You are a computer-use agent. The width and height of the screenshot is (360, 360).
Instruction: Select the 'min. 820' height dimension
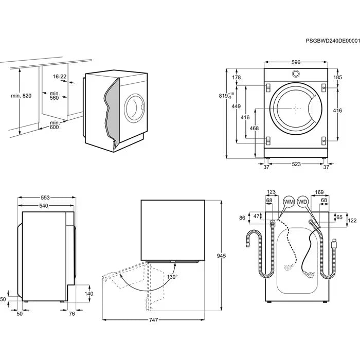click(21, 96)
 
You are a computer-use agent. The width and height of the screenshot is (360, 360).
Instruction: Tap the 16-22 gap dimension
click(60, 77)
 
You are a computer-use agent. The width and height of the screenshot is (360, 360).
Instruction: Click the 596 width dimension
click(296, 62)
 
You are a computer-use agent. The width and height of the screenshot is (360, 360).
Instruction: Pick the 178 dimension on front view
click(237, 78)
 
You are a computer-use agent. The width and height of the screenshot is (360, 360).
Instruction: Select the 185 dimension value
click(337, 78)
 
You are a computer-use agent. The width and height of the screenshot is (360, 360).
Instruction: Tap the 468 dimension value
click(254, 128)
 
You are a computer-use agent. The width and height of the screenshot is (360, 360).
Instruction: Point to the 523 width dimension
click(296, 165)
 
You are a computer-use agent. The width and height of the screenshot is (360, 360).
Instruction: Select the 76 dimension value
click(72, 313)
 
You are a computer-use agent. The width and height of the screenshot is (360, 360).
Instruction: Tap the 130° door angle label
click(172, 277)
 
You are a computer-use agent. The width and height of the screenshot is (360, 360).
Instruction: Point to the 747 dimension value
click(153, 320)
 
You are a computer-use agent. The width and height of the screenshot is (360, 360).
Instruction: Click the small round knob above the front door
click(296, 74)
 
